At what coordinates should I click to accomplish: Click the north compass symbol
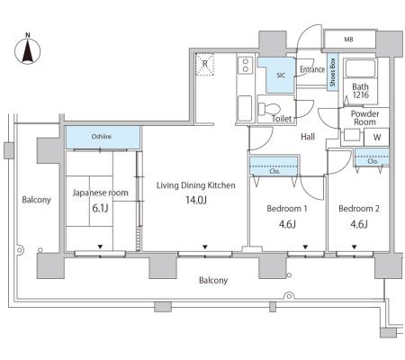coord(27,49)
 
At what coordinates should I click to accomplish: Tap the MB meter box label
coord(348,40)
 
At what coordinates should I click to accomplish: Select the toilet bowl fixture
coord(269,108)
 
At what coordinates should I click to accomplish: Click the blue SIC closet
coord(276,75)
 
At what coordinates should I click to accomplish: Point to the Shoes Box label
coord(332,72)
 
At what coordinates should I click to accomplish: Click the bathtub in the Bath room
coord(360,68)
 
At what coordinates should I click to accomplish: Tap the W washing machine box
coord(377,137)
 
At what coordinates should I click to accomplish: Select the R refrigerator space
coord(205,64)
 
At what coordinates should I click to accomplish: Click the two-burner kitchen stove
coord(246,66)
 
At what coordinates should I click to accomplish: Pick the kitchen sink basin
coord(245,108)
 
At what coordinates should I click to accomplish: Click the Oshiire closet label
coord(102,137)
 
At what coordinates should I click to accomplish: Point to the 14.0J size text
coord(196,200)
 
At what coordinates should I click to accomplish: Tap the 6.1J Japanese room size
coord(100,208)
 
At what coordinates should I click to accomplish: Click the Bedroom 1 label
coord(287,208)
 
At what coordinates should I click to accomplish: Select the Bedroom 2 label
coord(359,208)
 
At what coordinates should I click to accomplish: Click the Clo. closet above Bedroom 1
coord(274,166)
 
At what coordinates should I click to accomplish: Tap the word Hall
coord(308,137)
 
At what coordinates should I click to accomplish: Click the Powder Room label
coord(364,118)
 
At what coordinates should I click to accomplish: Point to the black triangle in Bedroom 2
coord(355,247)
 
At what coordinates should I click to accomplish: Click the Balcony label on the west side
coord(36,200)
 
